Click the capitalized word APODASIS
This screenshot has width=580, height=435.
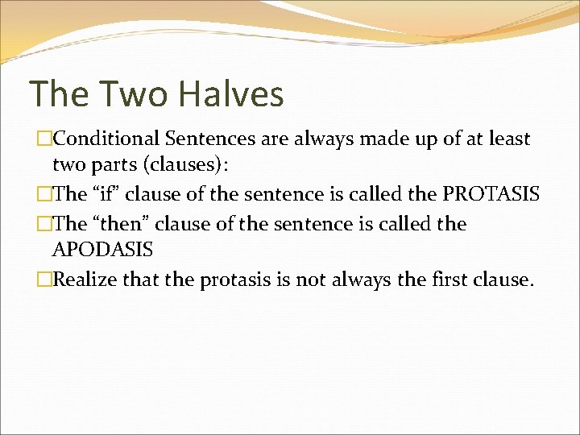point(102,251)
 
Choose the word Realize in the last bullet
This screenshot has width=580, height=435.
point(88,279)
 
